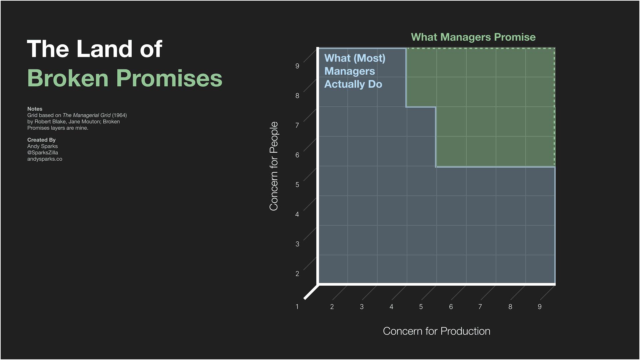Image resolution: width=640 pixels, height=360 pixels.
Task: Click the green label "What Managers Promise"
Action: (473, 37)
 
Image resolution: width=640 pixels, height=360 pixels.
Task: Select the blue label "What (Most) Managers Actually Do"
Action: (354, 71)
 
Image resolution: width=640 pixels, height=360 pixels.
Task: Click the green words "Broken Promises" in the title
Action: (125, 78)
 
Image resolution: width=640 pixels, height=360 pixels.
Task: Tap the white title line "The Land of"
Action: (94, 49)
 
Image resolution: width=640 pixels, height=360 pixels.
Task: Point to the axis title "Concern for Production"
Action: (436, 331)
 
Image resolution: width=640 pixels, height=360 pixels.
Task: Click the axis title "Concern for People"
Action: (274, 166)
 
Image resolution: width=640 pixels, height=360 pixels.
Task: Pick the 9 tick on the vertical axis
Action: (297, 66)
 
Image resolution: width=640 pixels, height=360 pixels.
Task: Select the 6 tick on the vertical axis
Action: (297, 155)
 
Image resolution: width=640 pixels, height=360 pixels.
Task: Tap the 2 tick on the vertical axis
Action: (297, 274)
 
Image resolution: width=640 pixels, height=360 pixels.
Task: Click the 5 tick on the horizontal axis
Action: (421, 307)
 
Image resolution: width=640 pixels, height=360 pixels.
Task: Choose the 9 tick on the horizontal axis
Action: (540, 307)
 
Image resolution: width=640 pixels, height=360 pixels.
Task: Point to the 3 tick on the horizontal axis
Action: (362, 307)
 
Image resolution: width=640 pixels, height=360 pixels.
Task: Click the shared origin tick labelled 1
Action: (297, 307)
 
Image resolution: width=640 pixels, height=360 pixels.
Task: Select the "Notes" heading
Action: (35, 109)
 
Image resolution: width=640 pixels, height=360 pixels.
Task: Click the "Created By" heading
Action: (41, 140)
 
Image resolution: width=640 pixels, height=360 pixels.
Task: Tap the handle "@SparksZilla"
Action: (43, 153)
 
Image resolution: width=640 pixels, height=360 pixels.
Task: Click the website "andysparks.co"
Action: (45, 159)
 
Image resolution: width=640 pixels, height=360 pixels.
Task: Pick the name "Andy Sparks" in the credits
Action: (42, 146)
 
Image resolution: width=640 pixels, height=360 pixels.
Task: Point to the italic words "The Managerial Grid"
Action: (86, 115)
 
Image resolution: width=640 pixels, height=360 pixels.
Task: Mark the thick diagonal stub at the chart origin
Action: (311, 292)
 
